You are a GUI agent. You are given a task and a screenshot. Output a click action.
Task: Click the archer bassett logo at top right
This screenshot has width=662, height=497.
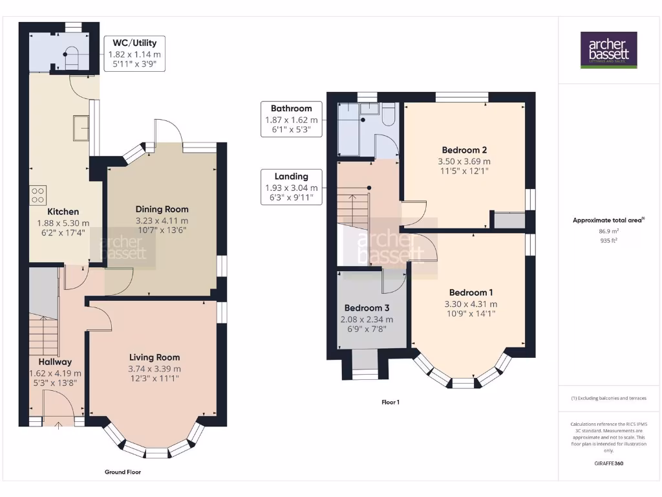[x=608, y=50]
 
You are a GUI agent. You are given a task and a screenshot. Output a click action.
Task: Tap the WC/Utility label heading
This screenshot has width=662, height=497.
[x=134, y=43]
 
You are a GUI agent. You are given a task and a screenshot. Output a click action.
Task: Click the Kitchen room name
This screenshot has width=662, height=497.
[x=63, y=212]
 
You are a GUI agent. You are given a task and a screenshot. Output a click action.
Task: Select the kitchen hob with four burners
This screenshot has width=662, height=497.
[x=37, y=195]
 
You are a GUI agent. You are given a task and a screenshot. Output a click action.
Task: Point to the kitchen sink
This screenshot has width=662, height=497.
[x=81, y=127]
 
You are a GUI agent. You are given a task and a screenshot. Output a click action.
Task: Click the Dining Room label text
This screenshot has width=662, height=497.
[x=162, y=209]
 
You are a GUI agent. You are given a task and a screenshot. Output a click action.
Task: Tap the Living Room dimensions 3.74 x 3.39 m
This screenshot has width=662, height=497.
[x=155, y=369]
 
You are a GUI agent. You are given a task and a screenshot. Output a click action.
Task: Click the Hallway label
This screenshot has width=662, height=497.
[x=55, y=362]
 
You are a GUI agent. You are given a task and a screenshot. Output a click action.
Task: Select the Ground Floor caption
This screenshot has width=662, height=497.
[x=123, y=472]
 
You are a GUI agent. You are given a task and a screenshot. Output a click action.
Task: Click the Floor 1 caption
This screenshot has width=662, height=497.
[x=390, y=402]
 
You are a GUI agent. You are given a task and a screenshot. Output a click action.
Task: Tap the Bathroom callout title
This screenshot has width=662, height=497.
[x=292, y=108]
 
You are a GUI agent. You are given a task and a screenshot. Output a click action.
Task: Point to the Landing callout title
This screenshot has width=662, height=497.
[x=292, y=176]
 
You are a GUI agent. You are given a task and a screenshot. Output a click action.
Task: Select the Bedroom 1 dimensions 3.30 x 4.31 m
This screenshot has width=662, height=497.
[x=471, y=304]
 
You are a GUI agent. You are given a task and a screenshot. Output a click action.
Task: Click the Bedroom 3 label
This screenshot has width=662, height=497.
[x=366, y=307]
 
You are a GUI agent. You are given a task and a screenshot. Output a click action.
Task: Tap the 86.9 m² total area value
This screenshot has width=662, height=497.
[x=608, y=231]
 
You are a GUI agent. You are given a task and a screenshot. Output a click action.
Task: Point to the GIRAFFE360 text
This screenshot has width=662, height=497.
[x=608, y=463]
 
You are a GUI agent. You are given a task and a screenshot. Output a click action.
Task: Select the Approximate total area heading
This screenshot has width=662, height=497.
[x=608, y=220]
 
